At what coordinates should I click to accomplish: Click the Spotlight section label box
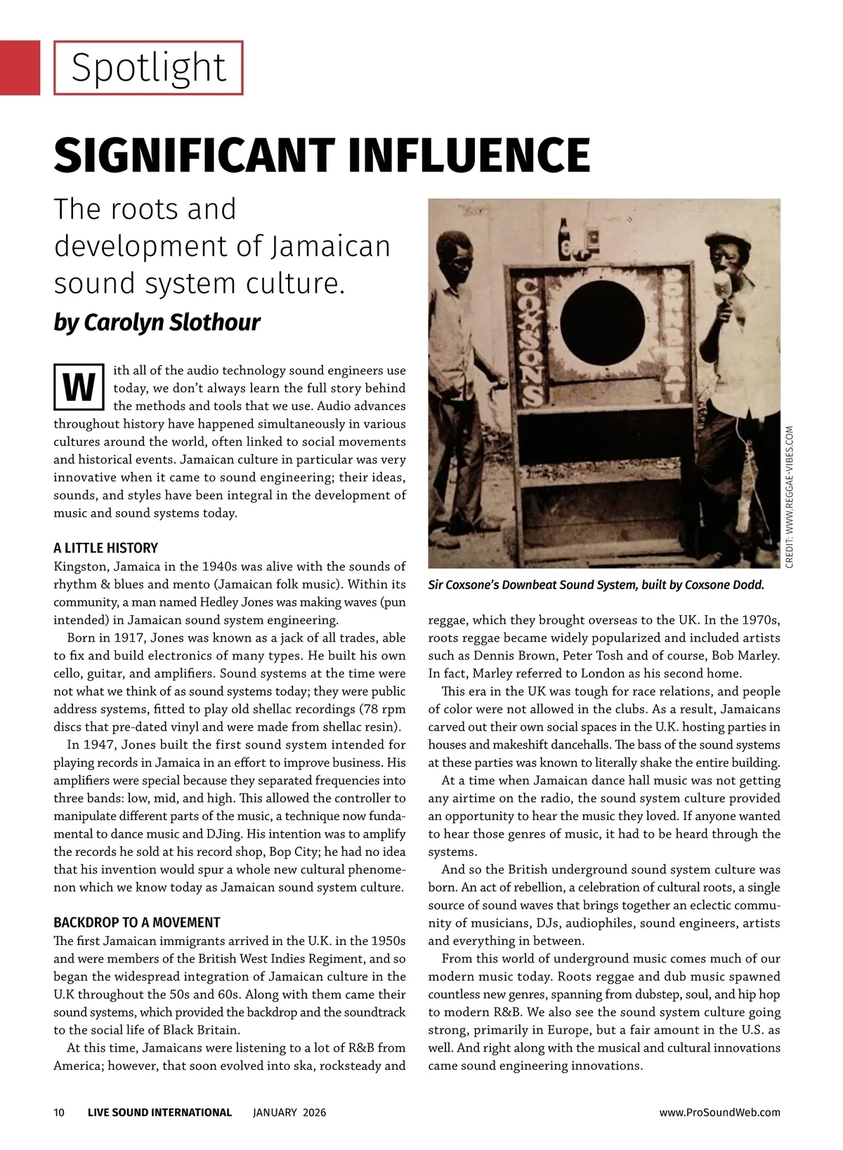pyautogui.click(x=148, y=67)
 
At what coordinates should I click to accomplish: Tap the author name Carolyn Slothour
pyautogui.click(x=172, y=322)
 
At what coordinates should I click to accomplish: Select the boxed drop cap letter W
pyautogui.click(x=79, y=388)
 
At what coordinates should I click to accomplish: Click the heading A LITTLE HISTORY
pyautogui.click(x=105, y=548)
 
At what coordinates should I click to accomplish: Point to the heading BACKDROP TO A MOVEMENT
pyautogui.click(x=136, y=923)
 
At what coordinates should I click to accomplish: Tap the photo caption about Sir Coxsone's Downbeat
pyautogui.click(x=596, y=585)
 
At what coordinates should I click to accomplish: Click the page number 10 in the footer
pyautogui.click(x=59, y=1113)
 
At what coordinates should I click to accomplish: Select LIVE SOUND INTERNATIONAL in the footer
pyautogui.click(x=159, y=1113)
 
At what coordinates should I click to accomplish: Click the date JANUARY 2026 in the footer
pyautogui.click(x=289, y=1113)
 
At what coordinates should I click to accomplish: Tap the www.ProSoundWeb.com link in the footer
pyautogui.click(x=719, y=1113)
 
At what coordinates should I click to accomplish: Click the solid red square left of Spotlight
pyautogui.click(x=20, y=67)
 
